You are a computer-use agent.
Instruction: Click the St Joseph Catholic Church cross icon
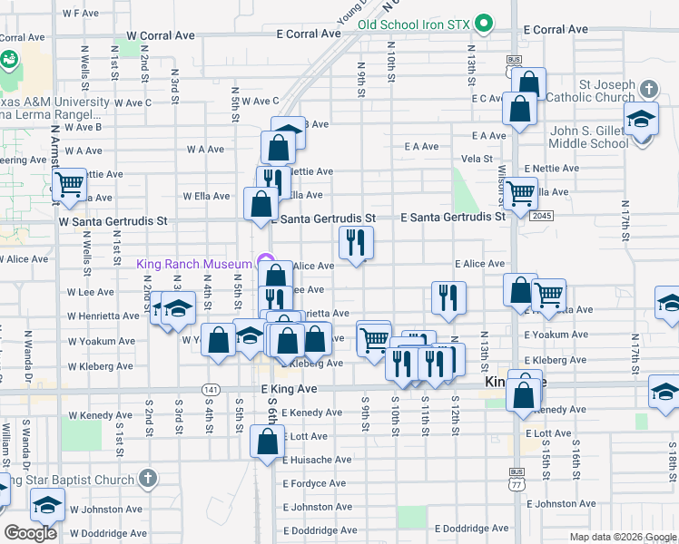[x=648, y=90]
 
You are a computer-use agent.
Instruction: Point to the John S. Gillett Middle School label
[x=589, y=137]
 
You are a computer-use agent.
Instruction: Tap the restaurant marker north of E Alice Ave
[x=356, y=242]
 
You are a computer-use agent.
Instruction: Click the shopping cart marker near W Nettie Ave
[x=70, y=185]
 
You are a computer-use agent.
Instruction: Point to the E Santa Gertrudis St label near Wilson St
[x=453, y=218]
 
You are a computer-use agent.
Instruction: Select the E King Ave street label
[x=288, y=388]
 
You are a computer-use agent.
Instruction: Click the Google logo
[x=30, y=533]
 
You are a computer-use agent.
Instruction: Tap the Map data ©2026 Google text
[x=622, y=537]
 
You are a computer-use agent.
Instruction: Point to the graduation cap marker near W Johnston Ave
[x=46, y=505]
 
